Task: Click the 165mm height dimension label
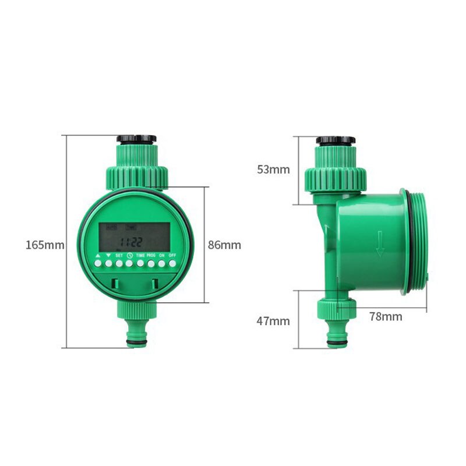tap(44, 245)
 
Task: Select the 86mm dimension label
tap(224, 245)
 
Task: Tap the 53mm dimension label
tap(273, 170)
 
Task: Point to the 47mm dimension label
tap(273, 321)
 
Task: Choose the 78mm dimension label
tap(386, 317)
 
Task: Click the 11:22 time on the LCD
tap(130, 242)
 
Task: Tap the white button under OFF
tap(172, 264)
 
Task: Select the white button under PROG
tap(151, 264)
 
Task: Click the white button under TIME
tap(140, 264)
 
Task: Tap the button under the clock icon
tap(130, 264)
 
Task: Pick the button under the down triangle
tap(108, 264)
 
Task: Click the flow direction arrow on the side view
tap(380, 243)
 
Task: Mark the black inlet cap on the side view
tap(336, 140)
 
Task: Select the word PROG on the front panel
tap(151, 256)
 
